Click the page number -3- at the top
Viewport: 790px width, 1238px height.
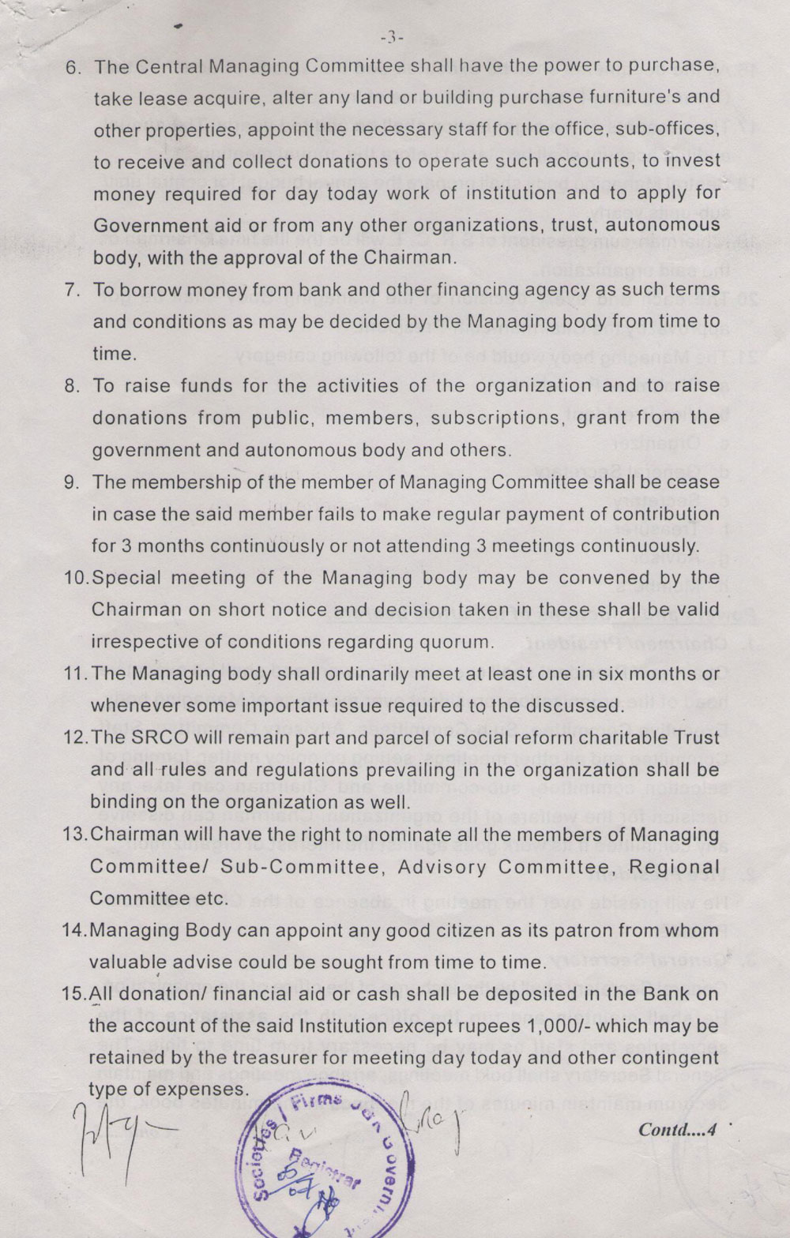pyautogui.click(x=392, y=37)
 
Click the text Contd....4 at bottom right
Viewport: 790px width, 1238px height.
pyautogui.click(x=676, y=1129)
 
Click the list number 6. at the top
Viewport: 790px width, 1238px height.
pyautogui.click(x=73, y=66)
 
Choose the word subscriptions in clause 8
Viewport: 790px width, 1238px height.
pyautogui.click(x=495, y=418)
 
